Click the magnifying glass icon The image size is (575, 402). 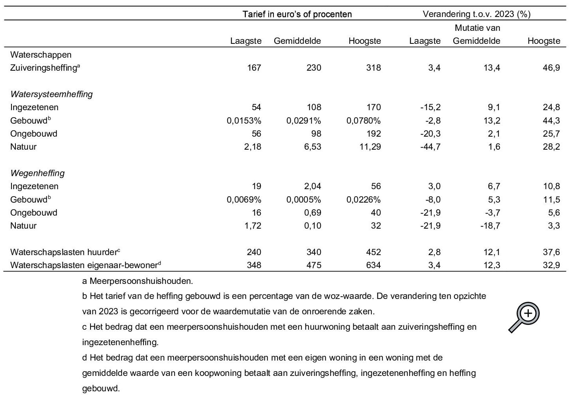(524, 317)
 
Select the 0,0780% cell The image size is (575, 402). (364, 120)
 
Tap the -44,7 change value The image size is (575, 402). (430, 147)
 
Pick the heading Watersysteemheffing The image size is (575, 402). (51, 94)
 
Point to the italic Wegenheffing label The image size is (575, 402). (38, 173)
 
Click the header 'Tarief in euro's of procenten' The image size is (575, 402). (297, 14)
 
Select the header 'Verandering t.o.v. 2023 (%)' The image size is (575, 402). (477, 14)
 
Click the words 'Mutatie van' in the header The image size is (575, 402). (477, 28)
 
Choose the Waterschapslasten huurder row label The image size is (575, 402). (65, 252)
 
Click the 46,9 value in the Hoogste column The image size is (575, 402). (551, 68)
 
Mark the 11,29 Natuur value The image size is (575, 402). (370, 147)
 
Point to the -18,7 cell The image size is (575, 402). (490, 226)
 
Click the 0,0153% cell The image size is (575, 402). (244, 120)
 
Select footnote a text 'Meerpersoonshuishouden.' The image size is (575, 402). (141, 281)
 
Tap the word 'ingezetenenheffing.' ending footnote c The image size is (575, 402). (121, 342)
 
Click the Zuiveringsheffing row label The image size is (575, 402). (45, 68)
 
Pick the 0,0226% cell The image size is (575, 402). (364, 199)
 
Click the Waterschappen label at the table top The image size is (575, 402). (41, 55)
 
